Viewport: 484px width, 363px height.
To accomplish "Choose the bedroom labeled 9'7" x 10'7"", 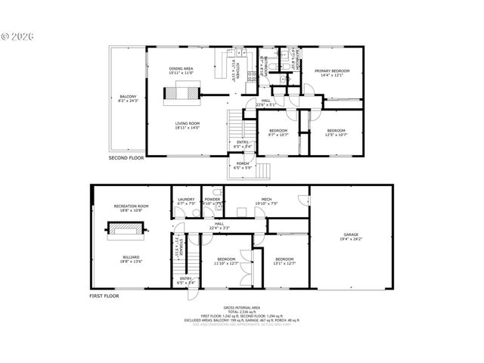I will tap(278, 132).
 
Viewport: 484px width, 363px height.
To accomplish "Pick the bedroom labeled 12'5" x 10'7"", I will tap(335, 132).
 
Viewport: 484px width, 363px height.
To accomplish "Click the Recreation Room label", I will tap(131, 208).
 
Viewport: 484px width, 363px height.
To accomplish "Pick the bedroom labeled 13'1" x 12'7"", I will tap(284, 262).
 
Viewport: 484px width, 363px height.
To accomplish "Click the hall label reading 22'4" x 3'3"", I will tap(219, 225).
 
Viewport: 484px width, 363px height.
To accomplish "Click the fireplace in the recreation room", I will tap(130, 234).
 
